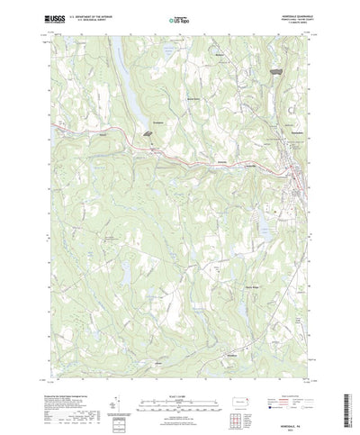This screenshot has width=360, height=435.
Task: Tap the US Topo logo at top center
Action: coord(179,17)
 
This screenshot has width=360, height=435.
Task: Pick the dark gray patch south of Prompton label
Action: coord(146,131)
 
